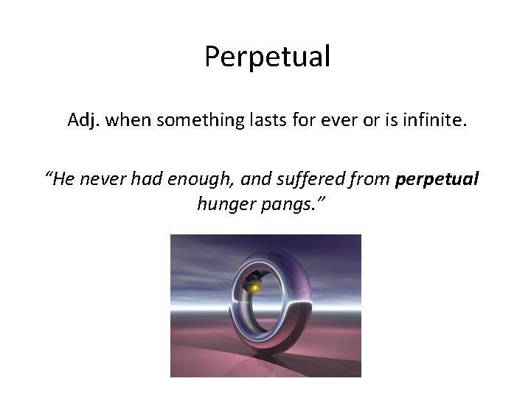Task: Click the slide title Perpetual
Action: tap(267, 57)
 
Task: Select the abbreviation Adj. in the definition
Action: tap(84, 119)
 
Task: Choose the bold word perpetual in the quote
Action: tap(437, 179)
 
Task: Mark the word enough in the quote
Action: tap(212, 179)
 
